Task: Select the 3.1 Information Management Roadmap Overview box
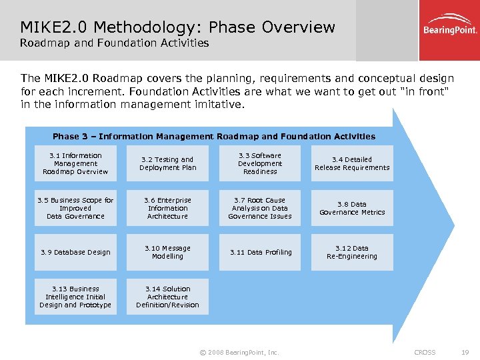[75, 163]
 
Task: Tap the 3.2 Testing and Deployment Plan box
[167, 163]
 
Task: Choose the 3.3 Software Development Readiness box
[260, 163]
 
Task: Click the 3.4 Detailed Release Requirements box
[352, 163]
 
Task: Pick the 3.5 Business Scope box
[75, 208]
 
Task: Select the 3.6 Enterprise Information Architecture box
[167, 208]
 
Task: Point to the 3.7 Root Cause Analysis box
[260, 208]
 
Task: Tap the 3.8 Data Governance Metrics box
[352, 208]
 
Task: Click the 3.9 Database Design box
[75, 252]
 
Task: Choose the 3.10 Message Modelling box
[167, 252]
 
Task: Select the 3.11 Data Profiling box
[260, 252]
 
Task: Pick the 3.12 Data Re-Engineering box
[352, 252]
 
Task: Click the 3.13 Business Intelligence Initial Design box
[75, 297]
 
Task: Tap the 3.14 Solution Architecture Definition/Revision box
[167, 297]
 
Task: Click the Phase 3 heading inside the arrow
[213, 136]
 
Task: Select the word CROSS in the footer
[425, 352]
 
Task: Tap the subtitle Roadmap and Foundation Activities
[114, 43]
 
